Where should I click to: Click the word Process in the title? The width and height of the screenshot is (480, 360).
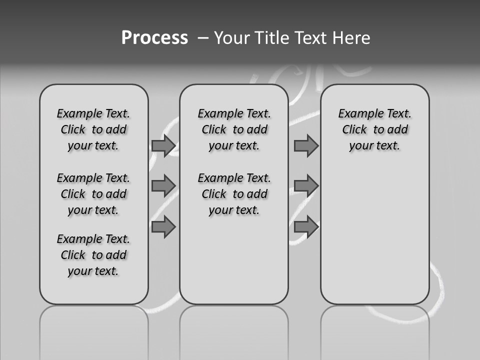(x=154, y=38)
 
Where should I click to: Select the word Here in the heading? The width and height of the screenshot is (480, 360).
(x=351, y=38)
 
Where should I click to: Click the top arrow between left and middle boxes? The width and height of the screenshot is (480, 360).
(x=163, y=145)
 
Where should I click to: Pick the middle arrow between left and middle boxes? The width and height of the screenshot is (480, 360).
(x=163, y=186)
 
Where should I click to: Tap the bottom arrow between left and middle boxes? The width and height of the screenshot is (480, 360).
(x=163, y=227)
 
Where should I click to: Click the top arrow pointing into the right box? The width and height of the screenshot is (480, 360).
(x=306, y=145)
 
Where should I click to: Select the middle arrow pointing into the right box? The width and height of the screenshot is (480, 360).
(x=306, y=186)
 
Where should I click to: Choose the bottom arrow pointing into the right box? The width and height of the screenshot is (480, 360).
(x=306, y=227)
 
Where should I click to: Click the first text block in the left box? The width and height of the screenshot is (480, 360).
(x=93, y=129)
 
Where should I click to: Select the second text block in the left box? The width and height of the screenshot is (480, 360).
(x=93, y=194)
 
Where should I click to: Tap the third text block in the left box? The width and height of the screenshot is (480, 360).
(x=93, y=255)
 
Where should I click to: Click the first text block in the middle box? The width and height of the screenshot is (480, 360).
(x=234, y=129)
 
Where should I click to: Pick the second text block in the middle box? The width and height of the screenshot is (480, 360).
(x=234, y=194)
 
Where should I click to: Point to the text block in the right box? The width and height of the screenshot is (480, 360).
(x=375, y=129)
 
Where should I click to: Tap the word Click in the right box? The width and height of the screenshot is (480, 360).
(x=354, y=130)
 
